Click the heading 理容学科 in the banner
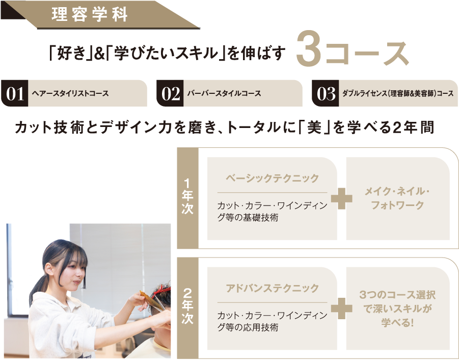(90, 14)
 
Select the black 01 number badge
(15, 93)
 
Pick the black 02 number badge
(170, 93)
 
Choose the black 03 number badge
(326, 93)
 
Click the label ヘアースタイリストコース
(70, 93)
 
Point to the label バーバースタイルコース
(224, 93)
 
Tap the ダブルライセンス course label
(398, 93)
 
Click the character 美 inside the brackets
(314, 127)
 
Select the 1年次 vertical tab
(187, 198)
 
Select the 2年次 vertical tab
(187, 308)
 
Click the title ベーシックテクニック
(272, 178)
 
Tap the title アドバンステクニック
(272, 288)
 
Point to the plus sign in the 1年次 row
(342, 198)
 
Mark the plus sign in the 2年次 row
(342, 308)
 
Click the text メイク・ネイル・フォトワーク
(397, 198)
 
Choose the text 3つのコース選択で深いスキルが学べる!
(397, 308)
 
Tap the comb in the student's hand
(152, 300)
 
